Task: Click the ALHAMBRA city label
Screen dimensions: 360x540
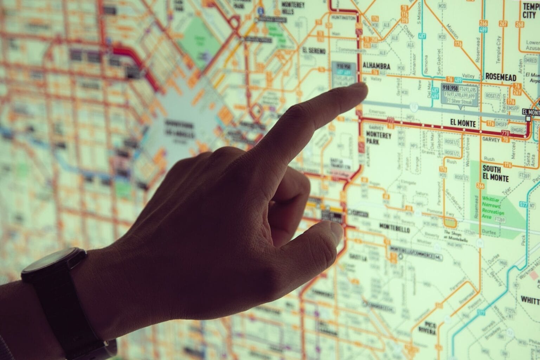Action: pos(376,66)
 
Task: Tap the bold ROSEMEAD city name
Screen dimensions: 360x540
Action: pos(500,77)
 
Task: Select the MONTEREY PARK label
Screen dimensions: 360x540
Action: pos(378,137)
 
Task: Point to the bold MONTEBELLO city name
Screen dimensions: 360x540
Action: pos(394,229)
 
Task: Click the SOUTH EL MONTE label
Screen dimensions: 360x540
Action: pos(495,173)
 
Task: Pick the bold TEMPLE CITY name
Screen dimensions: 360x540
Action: pos(531,11)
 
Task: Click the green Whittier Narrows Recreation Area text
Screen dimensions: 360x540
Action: pos(493,207)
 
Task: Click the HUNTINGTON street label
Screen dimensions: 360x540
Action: pos(343,18)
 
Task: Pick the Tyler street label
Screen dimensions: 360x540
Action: pos(507,190)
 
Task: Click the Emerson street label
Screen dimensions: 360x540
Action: pos(377,111)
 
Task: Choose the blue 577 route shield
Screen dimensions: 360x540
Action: pos(523,204)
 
